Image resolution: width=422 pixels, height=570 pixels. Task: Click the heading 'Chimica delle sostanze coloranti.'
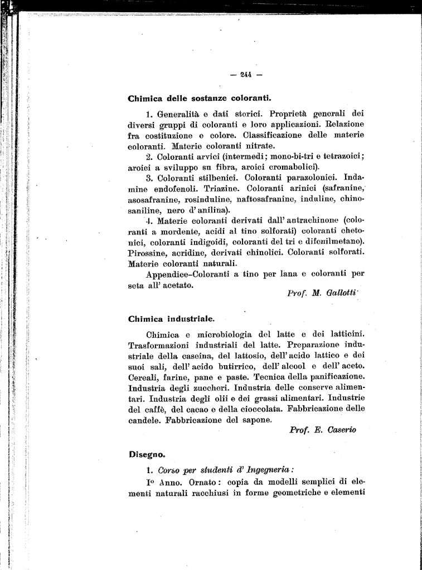tap(199, 99)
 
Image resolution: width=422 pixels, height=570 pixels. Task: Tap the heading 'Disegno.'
tap(147, 454)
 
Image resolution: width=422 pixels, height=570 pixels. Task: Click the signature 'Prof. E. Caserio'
tap(323, 430)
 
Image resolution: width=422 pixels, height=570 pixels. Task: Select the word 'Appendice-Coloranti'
tap(188, 274)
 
